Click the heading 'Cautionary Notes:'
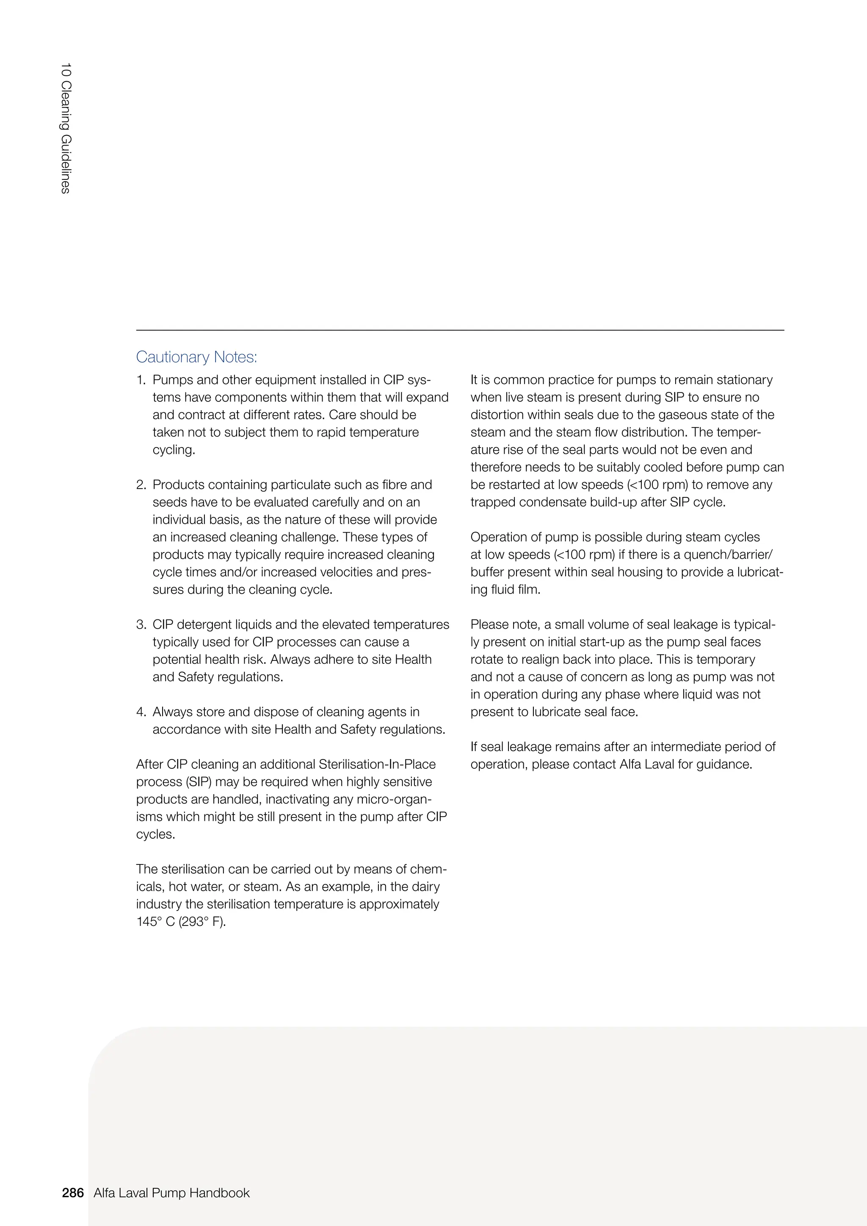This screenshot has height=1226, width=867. (x=196, y=357)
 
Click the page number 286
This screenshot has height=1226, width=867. (x=73, y=1193)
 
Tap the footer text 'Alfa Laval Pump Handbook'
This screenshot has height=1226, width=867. (x=171, y=1193)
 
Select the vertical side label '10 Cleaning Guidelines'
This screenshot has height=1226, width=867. (x=66, y=128)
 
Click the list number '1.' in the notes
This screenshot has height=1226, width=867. (x=141, y=380)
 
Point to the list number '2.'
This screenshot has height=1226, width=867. (x=141, y=484)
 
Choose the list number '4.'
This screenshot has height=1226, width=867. (x=141, y=711)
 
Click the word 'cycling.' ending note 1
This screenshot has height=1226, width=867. (x=174, y=450)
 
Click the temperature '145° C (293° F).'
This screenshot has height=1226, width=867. (x=181, y=921)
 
